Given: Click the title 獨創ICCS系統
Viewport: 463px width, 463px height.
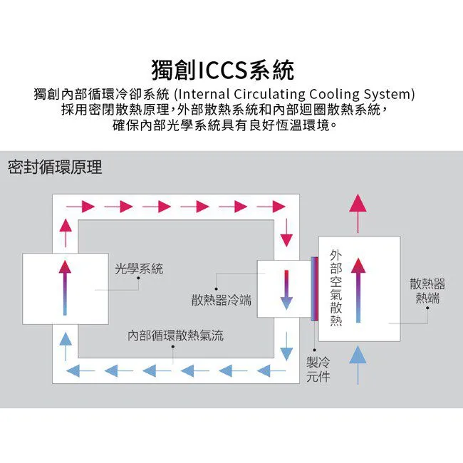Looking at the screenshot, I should (x=223, y=71).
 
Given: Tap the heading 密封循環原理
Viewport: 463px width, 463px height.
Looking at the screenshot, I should (x=55, y=167).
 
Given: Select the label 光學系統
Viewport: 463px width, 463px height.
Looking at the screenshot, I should (x=139, y=269).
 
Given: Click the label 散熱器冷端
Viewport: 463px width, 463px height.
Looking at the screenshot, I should (x=221, y=300).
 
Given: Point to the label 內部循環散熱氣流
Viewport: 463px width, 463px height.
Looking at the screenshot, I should (x=175, y=335).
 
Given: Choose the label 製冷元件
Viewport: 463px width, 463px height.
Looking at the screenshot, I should (x=318, y=369).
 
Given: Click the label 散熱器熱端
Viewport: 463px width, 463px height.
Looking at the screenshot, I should (x=427, y=291).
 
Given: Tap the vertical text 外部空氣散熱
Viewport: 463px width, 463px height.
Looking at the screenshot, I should (x=336, y=288).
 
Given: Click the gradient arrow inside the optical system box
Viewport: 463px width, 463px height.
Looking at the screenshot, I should (x=65, y=288).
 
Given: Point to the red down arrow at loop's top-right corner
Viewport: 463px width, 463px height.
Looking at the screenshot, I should (x=286, y=232).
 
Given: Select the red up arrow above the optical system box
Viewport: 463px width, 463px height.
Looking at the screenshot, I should (x=65, y=233).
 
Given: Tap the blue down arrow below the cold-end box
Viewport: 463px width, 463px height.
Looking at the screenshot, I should (x=286, y=345).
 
